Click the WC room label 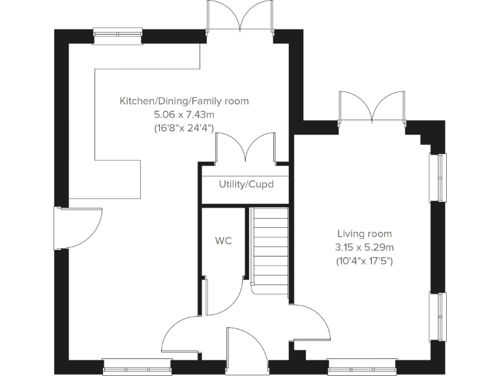point(224,240)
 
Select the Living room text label point(364,234)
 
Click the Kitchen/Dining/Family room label point(184,101)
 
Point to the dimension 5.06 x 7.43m point(184,115)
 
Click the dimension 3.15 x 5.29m point(365,247)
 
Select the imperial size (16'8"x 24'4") point(184,129)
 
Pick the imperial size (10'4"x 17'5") point(365,261)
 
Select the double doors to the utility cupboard point(245,149)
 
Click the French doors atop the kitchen point(241,17)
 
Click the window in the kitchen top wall point(117,36)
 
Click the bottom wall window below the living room point(362,367)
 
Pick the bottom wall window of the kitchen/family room point(136,367)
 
